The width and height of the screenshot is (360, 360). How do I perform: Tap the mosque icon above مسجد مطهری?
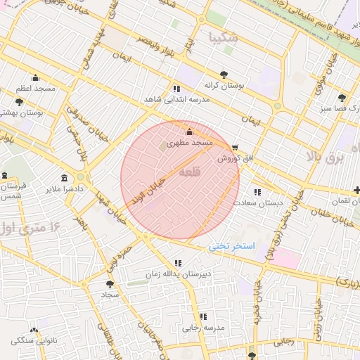(x=188, y=132)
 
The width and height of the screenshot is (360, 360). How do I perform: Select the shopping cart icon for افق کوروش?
(x=234, y=148)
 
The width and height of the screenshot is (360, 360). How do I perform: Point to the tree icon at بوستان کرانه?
(x=224, y=73)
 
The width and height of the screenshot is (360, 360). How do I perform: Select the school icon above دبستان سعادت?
(x=257, y=191)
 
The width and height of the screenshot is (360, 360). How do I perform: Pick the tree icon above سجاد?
(x=110, y=284)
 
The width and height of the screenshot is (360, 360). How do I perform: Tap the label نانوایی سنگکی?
(x=33, y=340)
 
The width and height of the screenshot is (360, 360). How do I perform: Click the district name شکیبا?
(x=224, y=37)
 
